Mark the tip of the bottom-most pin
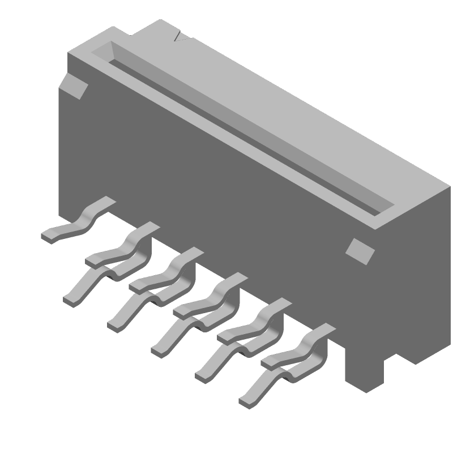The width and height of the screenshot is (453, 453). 247,400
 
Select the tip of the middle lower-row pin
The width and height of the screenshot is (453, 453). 159,349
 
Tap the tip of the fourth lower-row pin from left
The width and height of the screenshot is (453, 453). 203,375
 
